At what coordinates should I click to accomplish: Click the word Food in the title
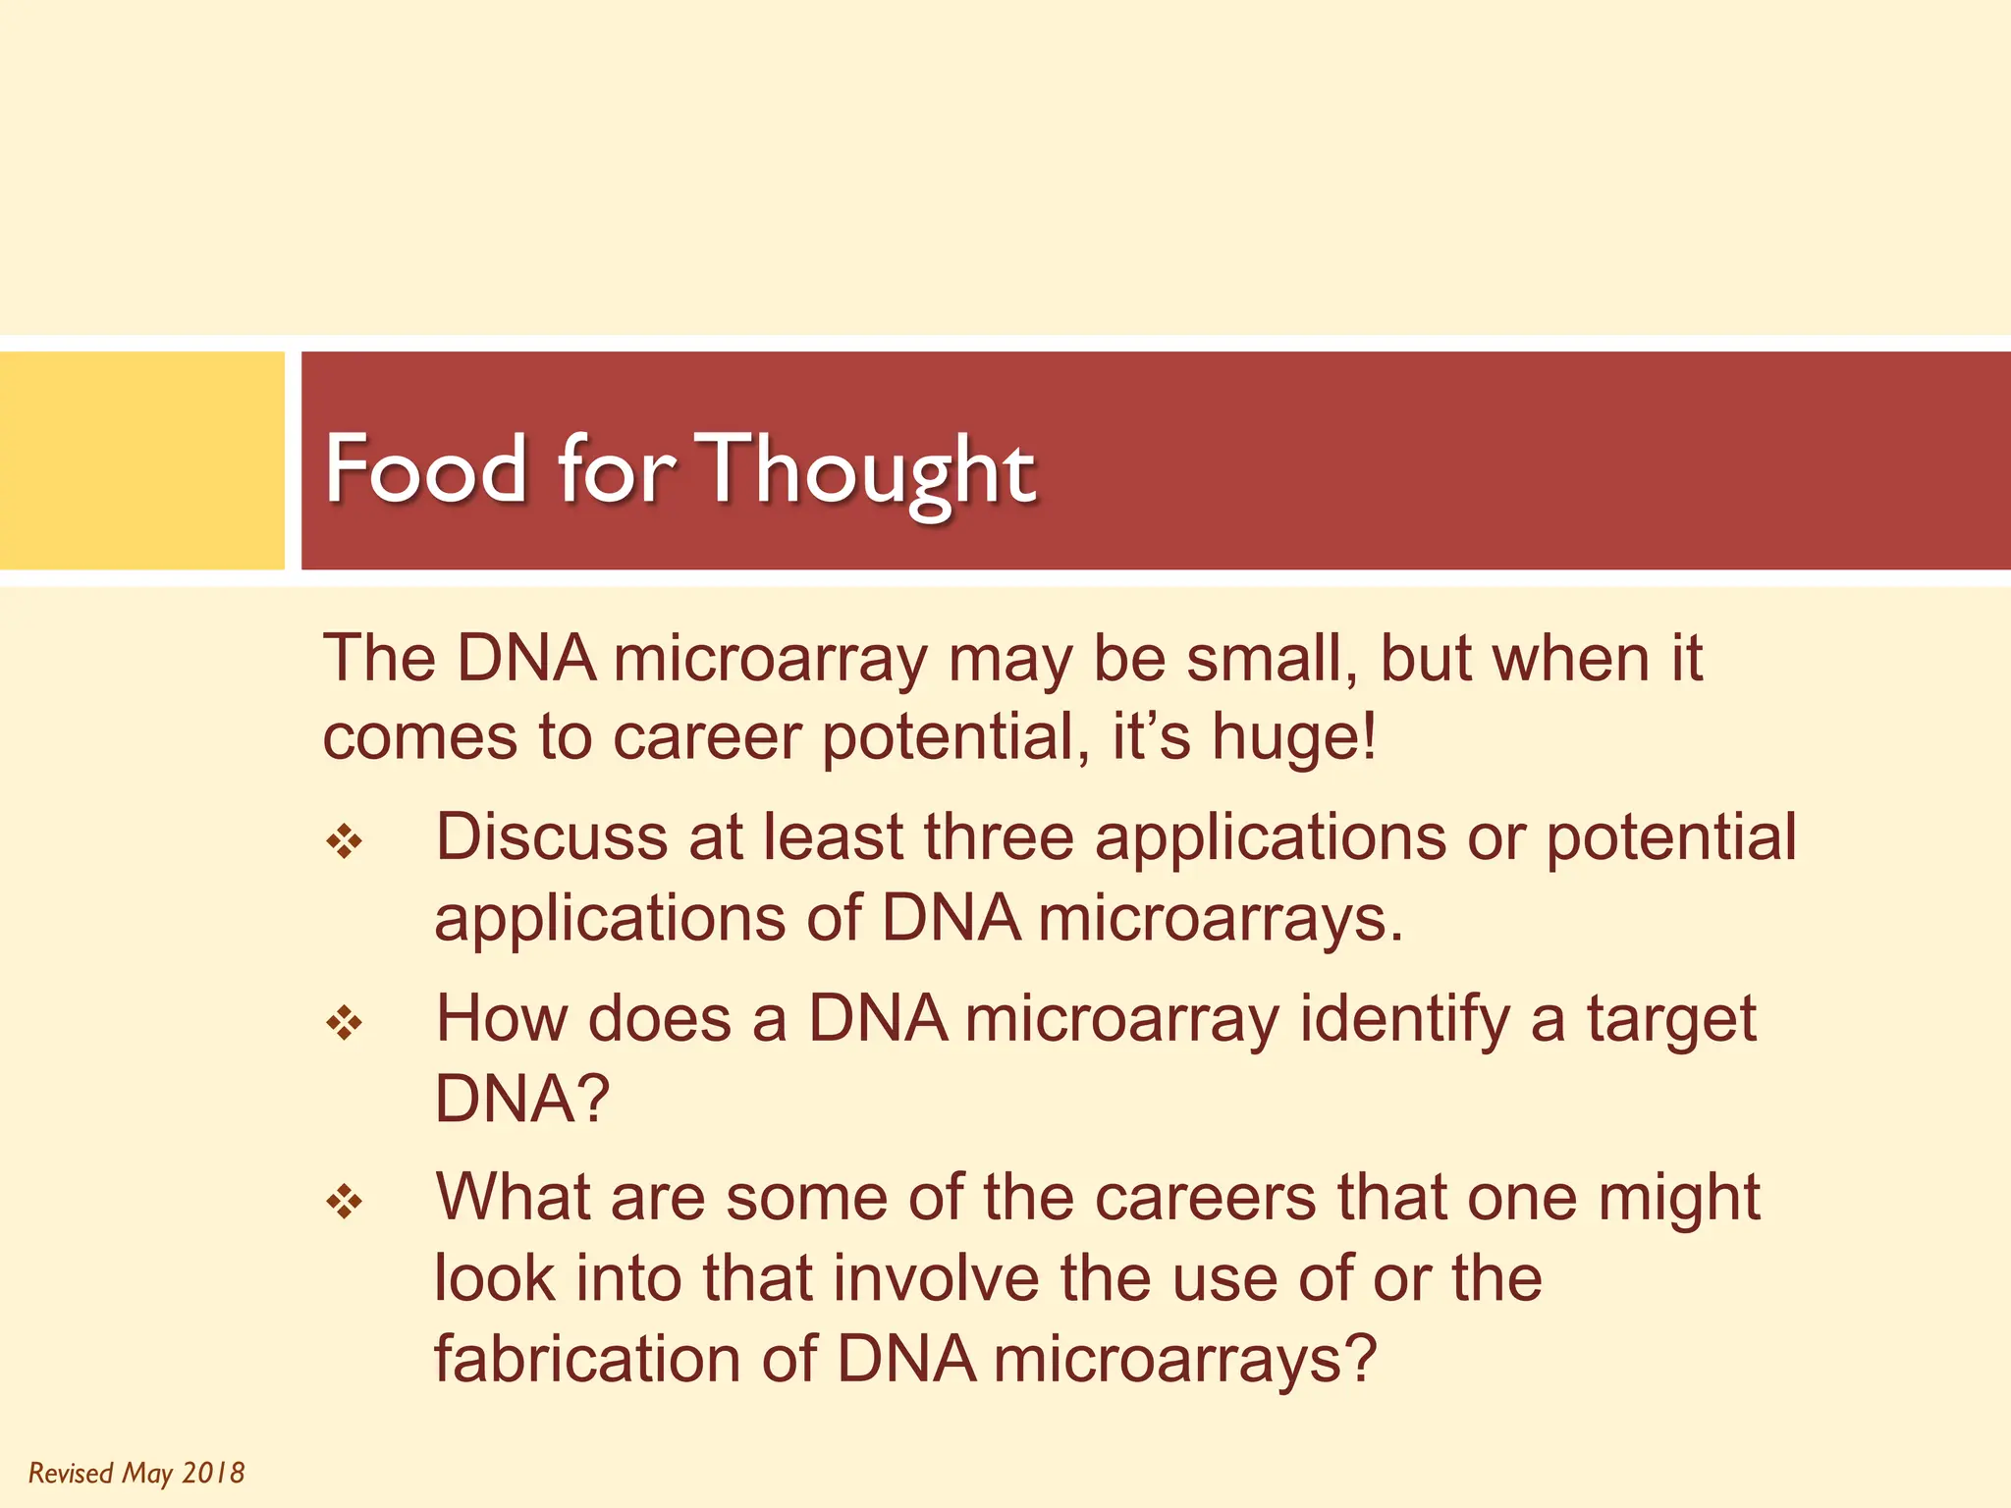pyautogui.click(x=425, y=469)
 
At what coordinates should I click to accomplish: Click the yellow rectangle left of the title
pyautogui.click(x=141, y=460)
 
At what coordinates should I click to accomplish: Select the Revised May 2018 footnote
pyautogui.click(x=136, y=1473)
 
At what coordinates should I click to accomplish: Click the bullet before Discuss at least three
pyautogui.click(x=345, y=842)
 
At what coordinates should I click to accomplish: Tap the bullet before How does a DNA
pyautogui.click(x=345, y=1024)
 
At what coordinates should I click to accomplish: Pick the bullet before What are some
pyautogui.click(x=345, y=1202)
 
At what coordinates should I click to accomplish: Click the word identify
pyautogui.click(x=1404, y=1021)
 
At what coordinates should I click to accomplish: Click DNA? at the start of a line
pyautogui.click(x=521, y=1099)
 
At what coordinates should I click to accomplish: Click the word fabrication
pyautogui.click(x=586, y=1360)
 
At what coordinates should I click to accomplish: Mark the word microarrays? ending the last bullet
pyautogui.click(x=1185, y=1360)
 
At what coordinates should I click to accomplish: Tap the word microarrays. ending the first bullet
pyautogui.click(x=1221, y=920)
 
